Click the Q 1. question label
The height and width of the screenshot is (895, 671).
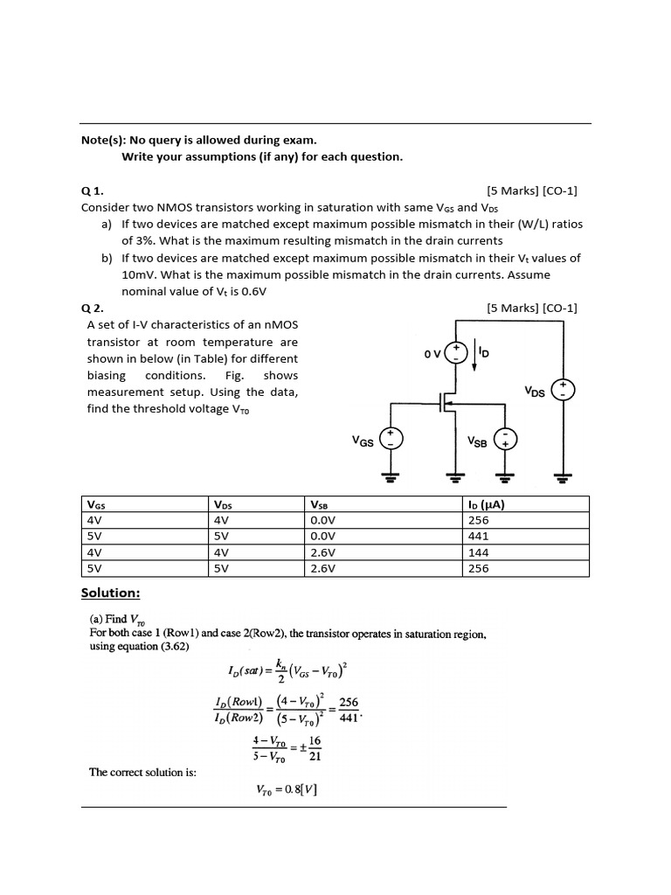92,191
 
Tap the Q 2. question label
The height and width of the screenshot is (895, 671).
92,308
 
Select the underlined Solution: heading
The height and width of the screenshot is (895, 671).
110,593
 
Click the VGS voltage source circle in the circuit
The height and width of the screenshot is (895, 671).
391,440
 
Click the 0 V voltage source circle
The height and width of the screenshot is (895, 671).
455,352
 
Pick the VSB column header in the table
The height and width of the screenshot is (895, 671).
319,504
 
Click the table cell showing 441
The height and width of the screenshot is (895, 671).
479,536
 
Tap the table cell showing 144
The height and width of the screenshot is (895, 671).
479,552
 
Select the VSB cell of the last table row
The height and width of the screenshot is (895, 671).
324,568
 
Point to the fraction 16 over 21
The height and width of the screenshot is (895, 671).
315,749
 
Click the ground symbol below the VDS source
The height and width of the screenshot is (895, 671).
564,476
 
